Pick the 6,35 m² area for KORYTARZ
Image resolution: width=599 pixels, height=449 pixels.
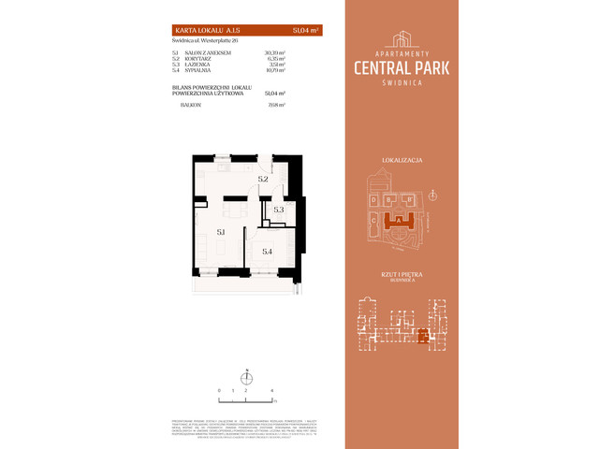pyautogui.click(x=273, y=59)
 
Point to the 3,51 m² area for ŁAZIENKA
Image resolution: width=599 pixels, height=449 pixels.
pyautogui.click(x=274, y=65)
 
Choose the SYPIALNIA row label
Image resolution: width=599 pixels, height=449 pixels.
pyautogui.click(x=183, y=70)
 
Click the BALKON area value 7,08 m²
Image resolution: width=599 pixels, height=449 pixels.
pyautogui.click(x=274, y=106)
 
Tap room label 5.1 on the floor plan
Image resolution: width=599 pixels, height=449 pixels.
pyautogui.click(x=221, y=230)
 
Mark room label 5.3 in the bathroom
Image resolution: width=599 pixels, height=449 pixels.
pyautogui.click(x=278, y=210)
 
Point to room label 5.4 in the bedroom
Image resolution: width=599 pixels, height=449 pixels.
pyautogui.click(x=267, y=251)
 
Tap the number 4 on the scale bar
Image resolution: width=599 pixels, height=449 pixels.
pyautogui.click(x=271, y=387)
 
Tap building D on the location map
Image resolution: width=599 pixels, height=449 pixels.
pyautogui.click(x=373, y=199)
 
